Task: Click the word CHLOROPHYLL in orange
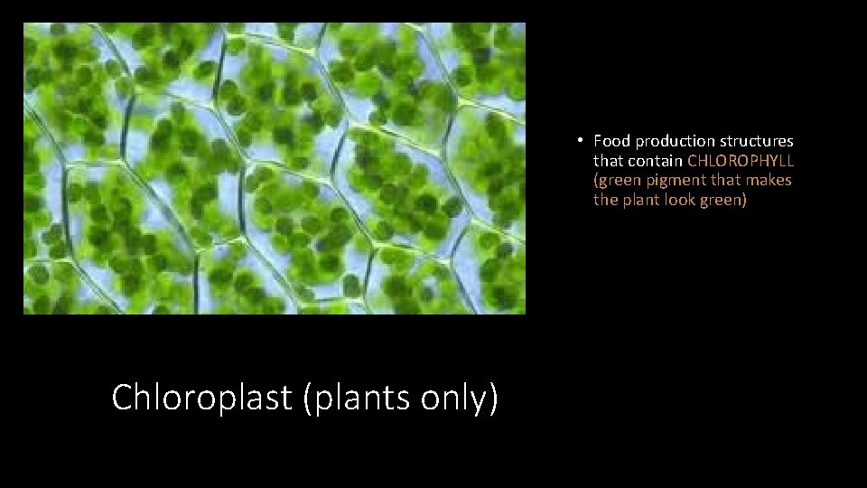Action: pyautogui.click(x=741, y=161)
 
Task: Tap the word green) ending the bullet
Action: pyautogui.click(x=723, y=201)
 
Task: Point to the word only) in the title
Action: pyautogui.click(x=464, y=398)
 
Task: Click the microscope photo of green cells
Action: pyautogui.click(x=274, y=169)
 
